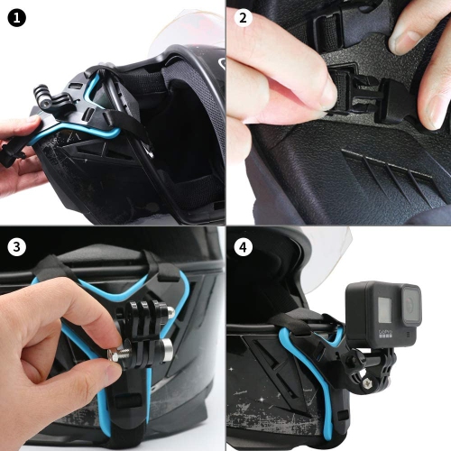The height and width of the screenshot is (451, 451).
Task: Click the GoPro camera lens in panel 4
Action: pyautogui.click(x=409, y=306)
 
